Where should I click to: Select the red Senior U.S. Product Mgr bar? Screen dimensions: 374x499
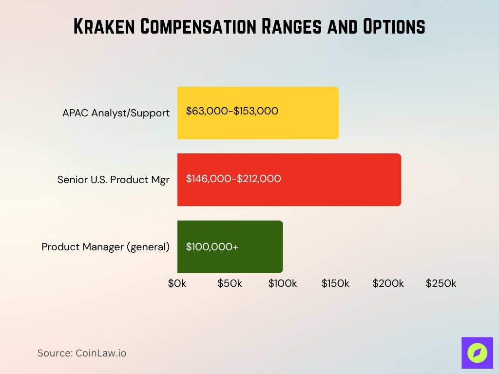coord(341,180)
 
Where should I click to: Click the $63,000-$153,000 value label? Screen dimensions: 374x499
coord(232,111)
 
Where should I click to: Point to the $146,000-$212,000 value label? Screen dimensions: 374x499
coord(233,179)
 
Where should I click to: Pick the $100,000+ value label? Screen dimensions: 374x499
coord(212,247)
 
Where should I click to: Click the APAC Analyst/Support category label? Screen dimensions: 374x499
coord(116,113)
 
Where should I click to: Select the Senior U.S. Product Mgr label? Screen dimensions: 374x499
coord(114,180)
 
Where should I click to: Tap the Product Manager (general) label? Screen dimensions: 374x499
coord(106,247)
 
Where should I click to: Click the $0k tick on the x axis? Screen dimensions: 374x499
coord(177,283)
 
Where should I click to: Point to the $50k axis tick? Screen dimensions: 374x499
coord(230,283)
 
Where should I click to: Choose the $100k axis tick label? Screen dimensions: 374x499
coord(283,283)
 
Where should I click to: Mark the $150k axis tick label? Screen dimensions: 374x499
coord(335,283)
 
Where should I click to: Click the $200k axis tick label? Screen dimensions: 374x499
coord(388,283)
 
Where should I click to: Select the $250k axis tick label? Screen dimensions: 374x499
coord(441,283)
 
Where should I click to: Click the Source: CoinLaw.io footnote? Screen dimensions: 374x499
coord(82,353)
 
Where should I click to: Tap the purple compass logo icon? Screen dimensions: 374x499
coord(477,353)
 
